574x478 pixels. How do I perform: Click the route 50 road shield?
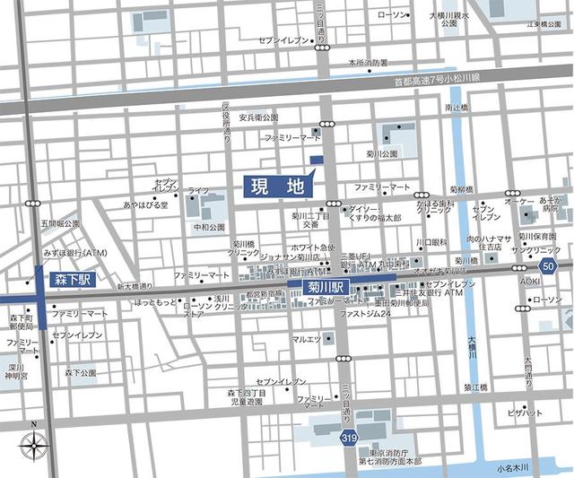click(547, 266)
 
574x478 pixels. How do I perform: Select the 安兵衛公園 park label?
click(258, 117)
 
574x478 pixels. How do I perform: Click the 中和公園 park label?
click(210, 227)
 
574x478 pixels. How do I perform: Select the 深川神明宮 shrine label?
click(13, 370)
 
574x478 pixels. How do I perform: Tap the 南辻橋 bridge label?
click(457, 108)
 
